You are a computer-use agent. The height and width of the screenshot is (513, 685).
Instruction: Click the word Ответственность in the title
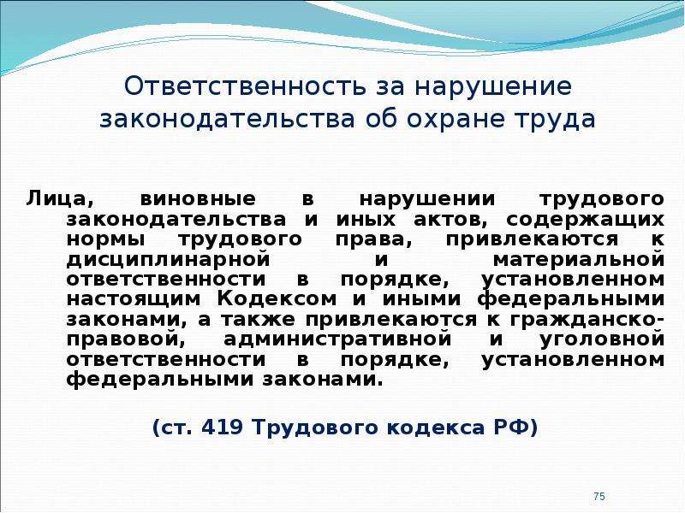point(245,86)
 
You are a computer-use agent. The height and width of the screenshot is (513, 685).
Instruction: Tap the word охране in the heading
point(456,119)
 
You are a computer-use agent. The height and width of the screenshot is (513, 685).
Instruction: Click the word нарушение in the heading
point(493,87)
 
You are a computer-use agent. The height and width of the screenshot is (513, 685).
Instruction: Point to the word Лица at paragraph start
point(59,199)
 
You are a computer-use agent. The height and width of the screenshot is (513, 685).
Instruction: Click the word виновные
point(198,199)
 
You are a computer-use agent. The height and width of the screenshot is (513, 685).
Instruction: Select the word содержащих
point(586,220)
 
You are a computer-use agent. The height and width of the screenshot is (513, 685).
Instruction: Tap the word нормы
point(105,240)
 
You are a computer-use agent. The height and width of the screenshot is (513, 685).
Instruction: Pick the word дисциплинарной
point(168,261)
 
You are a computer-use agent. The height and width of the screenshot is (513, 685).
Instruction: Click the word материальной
point(579,260)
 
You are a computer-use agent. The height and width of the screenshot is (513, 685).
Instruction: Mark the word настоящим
point(134,300)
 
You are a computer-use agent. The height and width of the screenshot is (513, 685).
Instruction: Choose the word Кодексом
point(277,299)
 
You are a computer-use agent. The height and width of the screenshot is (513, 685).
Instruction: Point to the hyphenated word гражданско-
point(587,321)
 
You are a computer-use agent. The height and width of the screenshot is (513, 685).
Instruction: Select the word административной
point(337,340)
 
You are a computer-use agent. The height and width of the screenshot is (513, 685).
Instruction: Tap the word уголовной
point(603,340)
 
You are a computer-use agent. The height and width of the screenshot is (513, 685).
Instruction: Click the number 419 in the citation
point(222,427)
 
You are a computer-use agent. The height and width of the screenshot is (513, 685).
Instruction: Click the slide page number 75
point(599,496)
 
